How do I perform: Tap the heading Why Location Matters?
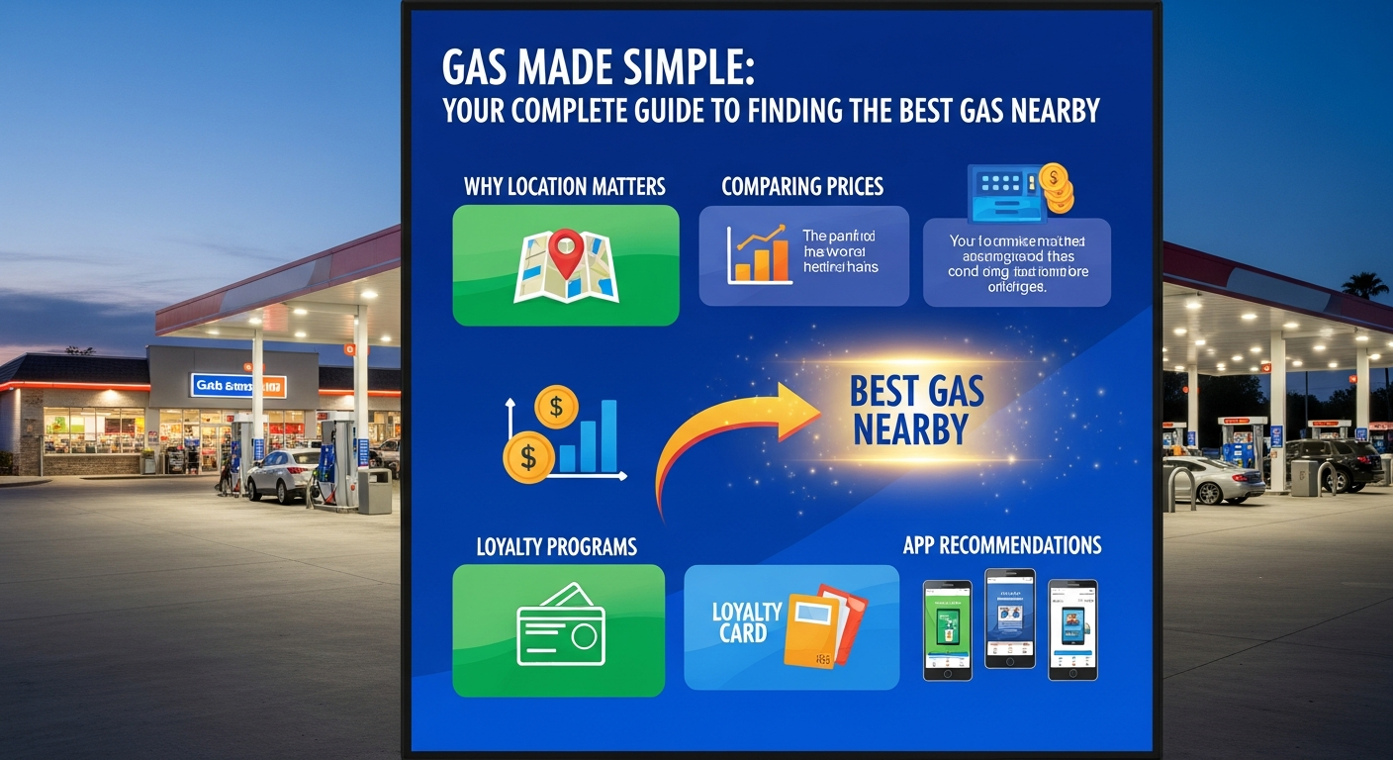(564, 186)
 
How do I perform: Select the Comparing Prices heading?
(802, 186)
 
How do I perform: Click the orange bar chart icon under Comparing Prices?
(759, 255)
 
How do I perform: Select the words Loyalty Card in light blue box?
(746, 622)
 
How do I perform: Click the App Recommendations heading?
(1001, 545)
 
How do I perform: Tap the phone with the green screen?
(947, 629)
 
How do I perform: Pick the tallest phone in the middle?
(1010, 618)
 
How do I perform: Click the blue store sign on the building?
(237, 386)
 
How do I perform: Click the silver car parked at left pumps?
(282, 475)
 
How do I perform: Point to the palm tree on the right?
(1365, 286)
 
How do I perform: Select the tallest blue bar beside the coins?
(606, 435)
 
